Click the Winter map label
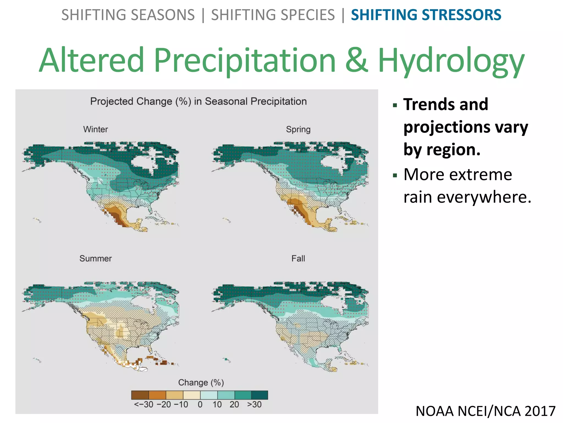pos(95,129)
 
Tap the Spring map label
pos(298,129)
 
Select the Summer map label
pos(95,258)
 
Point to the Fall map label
pos(298,258)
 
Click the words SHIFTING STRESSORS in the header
pos(426,15)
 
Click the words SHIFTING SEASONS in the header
pos(128,15)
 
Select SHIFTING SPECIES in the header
pos(273,15)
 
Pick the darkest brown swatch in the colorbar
pos(140,395)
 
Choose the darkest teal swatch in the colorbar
pos(260,395)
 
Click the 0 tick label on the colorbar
pos(200,405)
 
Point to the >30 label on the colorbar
pos(254,405)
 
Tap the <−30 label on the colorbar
pos(143,405)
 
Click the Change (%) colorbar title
pos(201,382)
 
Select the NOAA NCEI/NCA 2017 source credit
pos(485,411)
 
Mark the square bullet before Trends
pos(395,105)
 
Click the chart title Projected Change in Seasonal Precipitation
pos(198,101)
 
